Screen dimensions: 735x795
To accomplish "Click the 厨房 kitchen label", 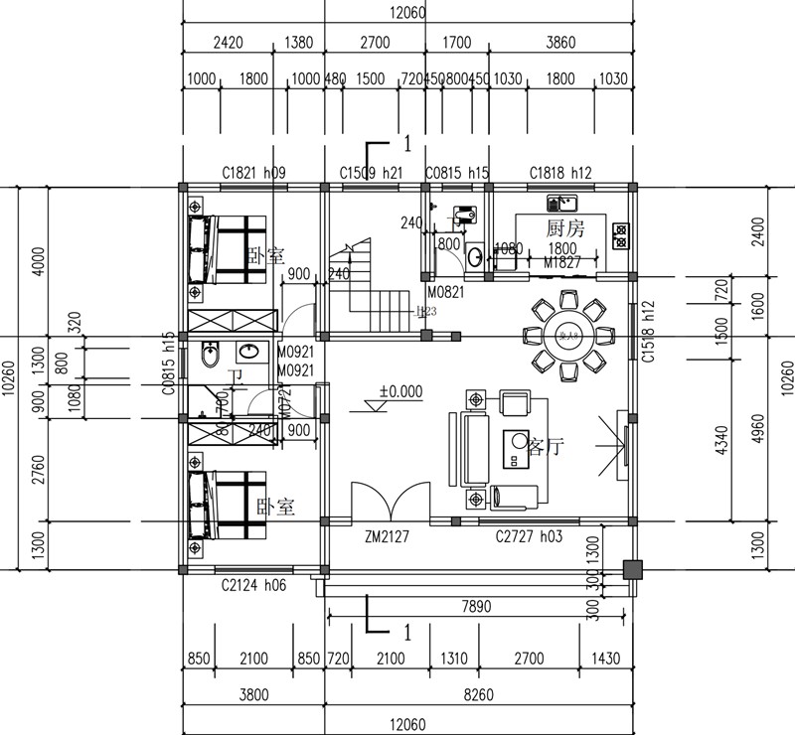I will (x=564, y=228).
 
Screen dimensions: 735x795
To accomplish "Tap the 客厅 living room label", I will (x=546, y=447).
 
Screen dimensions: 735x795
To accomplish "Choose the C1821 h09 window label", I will (x=253, y=173).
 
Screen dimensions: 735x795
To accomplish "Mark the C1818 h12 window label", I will (x=560, y=173).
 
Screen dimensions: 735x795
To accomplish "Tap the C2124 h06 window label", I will (x=253, y=586).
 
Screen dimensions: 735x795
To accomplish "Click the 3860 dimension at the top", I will (x=560, y=44).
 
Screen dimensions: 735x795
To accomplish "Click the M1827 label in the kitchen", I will (x=561, y=263).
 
